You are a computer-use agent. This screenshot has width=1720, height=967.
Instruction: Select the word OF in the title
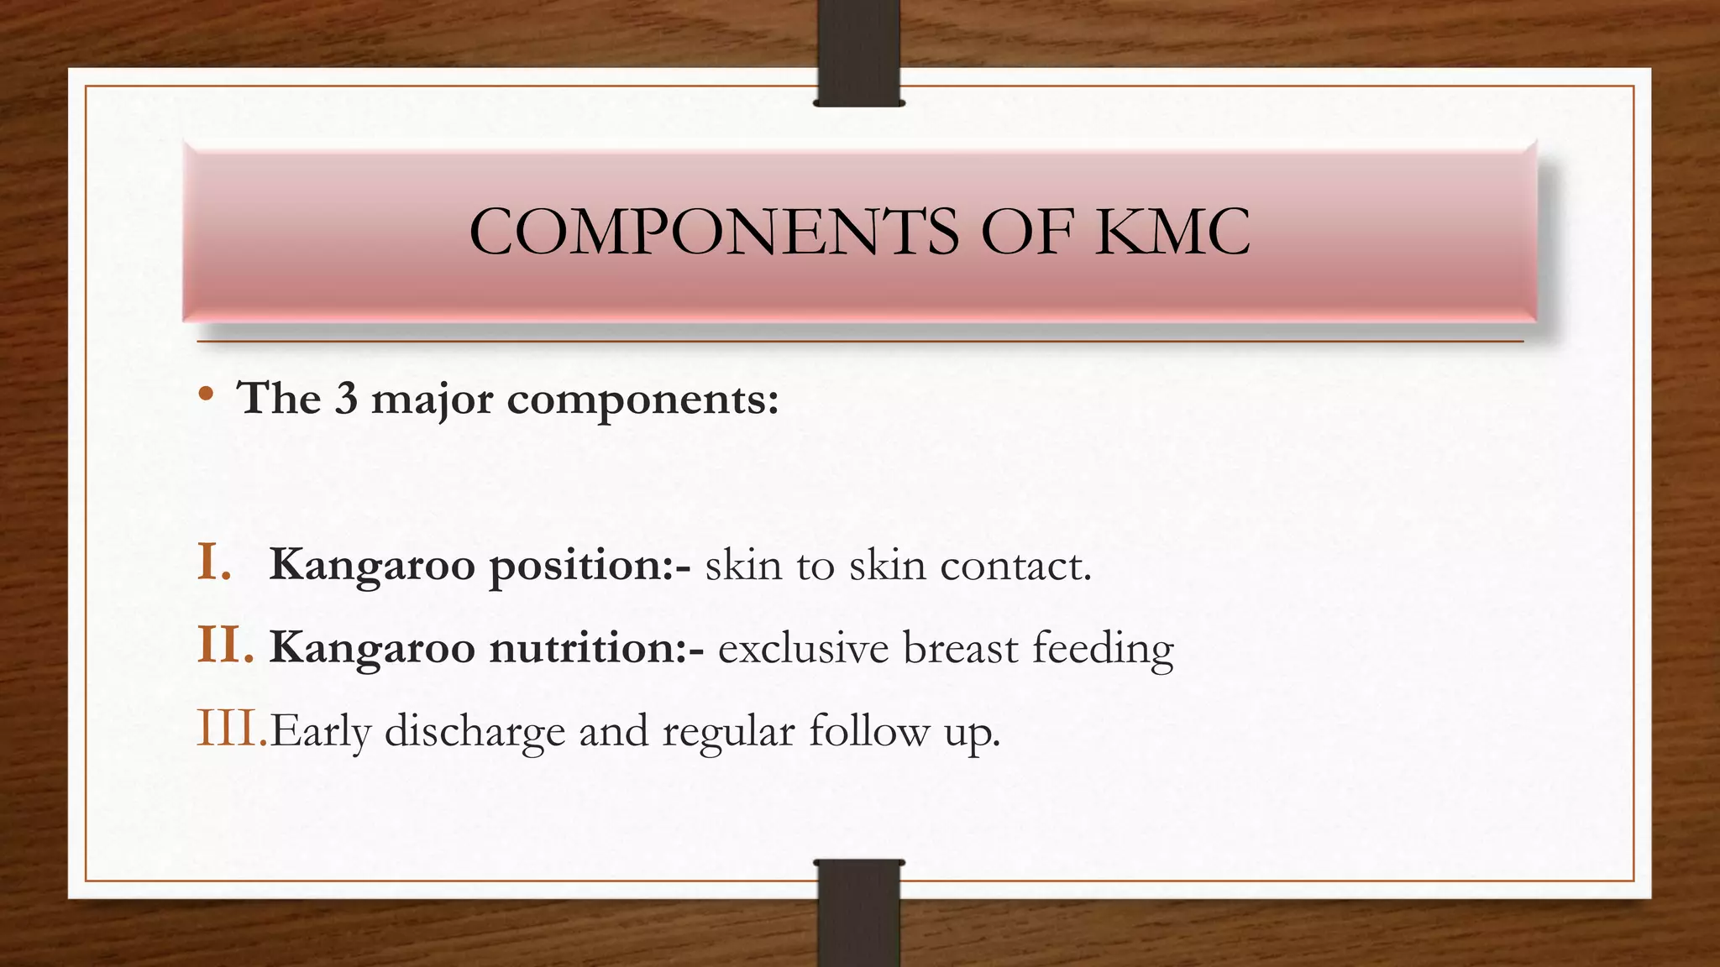[x=1027, y=232]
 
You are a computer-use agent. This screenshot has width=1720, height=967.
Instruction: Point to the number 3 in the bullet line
[x=346, y=398]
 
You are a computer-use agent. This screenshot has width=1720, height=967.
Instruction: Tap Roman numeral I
[x=214, y=562]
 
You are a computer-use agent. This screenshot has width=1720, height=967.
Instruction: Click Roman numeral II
[x=224, y=646]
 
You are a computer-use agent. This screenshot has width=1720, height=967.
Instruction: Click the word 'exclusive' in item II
[x=803, y=648]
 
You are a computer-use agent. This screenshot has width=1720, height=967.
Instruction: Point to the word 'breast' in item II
[x=960, y=648]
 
